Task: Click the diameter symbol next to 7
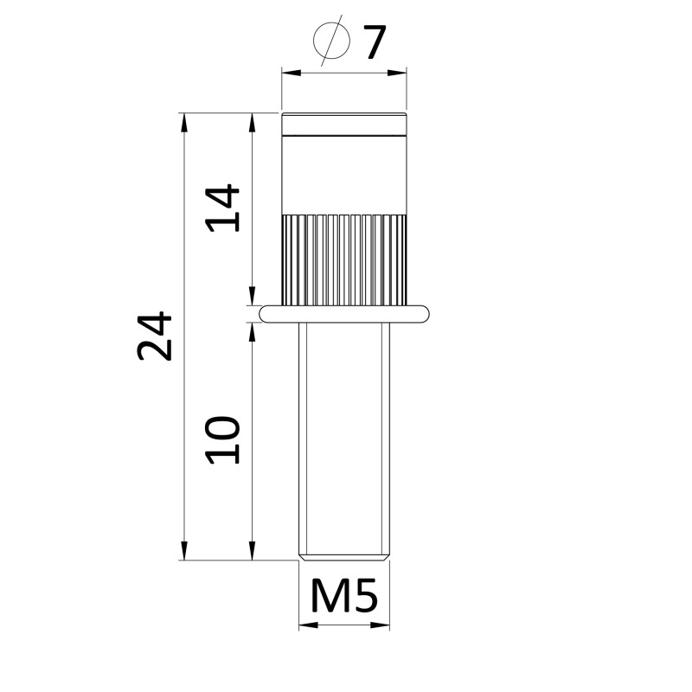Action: (332, 41)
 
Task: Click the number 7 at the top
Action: (375, 42)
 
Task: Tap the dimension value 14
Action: (223, 208)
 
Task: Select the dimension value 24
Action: (154, 336)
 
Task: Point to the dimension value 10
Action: (223, 440)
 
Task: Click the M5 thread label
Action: (344, 595)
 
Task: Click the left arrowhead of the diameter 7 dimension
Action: (292, 73)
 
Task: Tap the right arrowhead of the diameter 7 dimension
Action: (397, 73)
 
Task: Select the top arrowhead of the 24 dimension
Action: (184, 122)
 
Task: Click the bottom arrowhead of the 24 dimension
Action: (184, 551)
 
